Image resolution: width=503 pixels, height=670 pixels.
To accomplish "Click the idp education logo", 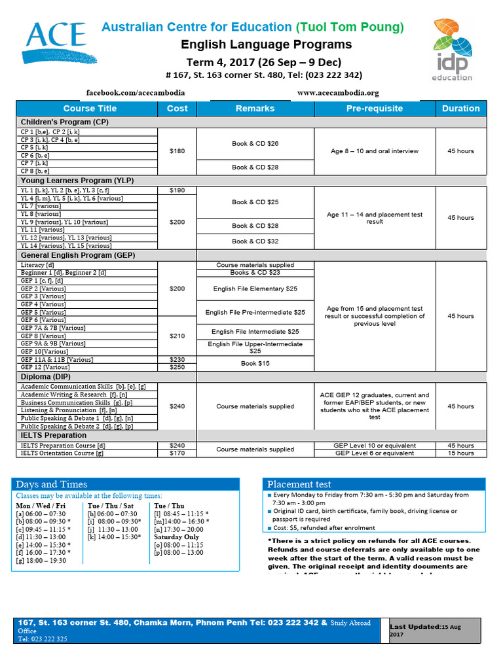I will (452, 50).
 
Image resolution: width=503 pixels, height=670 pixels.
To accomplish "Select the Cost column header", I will (177, 109).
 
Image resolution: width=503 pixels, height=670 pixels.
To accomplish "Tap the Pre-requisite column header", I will (375, 109).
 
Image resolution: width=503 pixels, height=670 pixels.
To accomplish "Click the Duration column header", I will (461, 109).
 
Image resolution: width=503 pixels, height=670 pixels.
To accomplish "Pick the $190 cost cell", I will (177, 190).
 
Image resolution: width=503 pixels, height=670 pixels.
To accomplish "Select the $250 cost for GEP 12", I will (177, 367).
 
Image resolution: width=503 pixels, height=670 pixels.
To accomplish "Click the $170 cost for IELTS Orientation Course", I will (177, 453).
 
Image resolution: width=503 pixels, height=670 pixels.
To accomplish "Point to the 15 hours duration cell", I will (461, 453).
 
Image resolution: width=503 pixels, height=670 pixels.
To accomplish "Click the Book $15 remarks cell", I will (255, 363).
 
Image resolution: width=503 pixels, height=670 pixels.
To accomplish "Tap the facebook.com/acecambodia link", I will (136, 93).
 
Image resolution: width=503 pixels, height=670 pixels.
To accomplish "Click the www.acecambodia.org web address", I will (338, 93).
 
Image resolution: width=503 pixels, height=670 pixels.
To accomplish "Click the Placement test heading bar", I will (374, 484).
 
